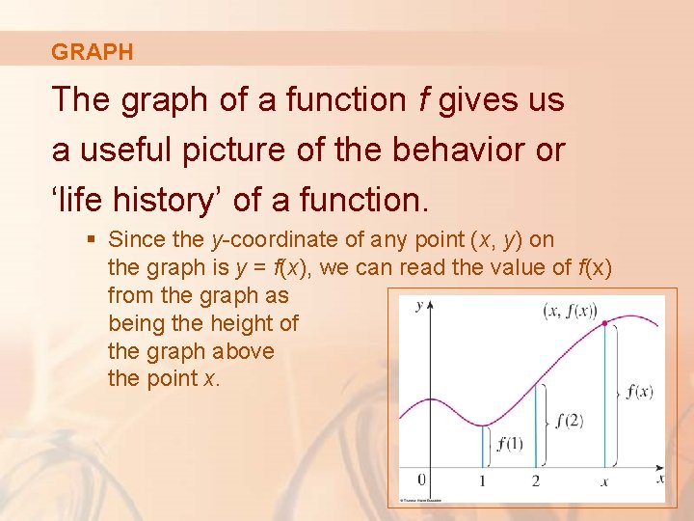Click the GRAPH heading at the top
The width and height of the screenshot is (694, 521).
point(93,52)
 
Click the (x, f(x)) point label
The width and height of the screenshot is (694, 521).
point(570,310)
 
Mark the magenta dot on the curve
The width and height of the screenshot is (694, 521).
point(604,323)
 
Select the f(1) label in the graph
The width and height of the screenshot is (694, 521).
point(508,444)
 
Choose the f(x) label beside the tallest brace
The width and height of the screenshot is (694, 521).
point(639,392)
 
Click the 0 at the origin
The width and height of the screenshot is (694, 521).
point(420,480)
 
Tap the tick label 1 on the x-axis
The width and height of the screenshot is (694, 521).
point(482,481)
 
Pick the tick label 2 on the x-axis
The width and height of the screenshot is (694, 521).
point(535,481)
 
